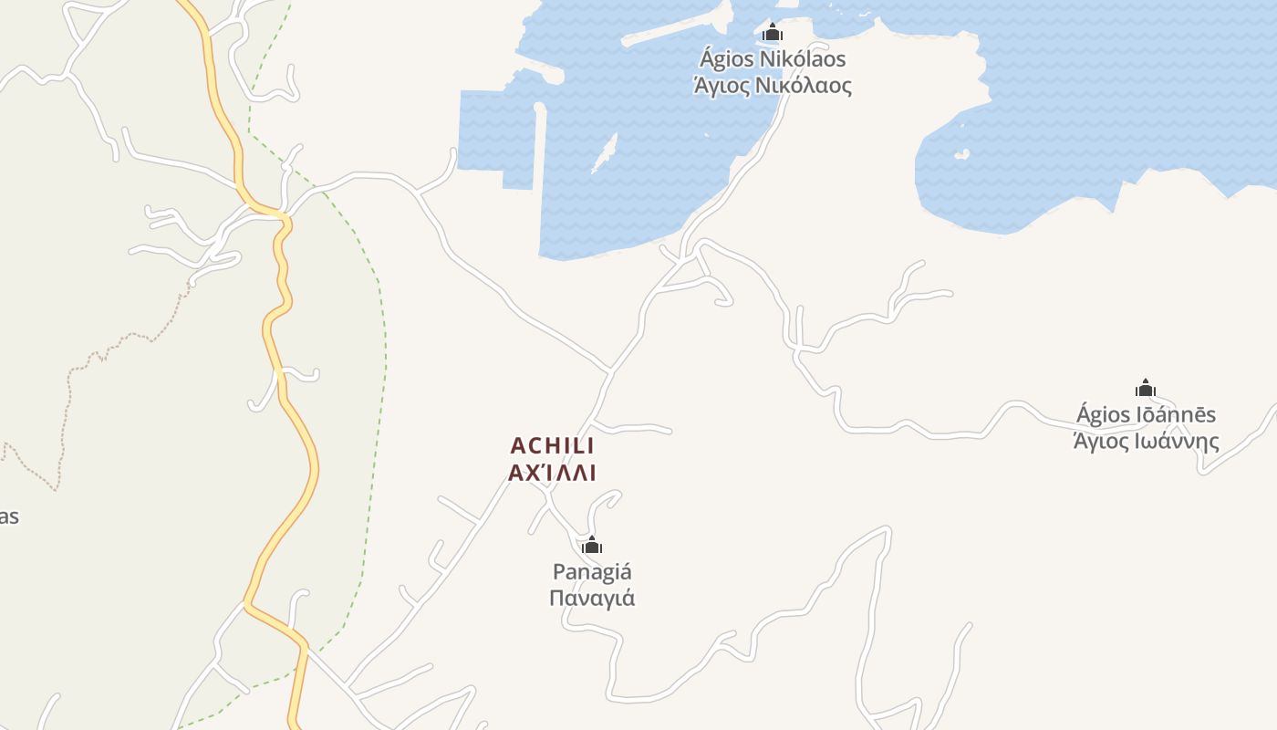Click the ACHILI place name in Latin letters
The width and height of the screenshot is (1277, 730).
552,445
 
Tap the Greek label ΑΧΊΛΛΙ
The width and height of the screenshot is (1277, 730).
552,473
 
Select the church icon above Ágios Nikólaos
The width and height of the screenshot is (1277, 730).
773,33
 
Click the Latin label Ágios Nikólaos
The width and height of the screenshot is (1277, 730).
773,59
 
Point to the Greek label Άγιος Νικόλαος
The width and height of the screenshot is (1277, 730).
773,87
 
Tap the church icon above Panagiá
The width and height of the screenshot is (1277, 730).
592,546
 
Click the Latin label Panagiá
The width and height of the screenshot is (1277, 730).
592,572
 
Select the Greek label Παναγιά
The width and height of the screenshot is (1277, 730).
592,599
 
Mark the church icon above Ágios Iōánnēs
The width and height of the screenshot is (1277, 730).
1146,388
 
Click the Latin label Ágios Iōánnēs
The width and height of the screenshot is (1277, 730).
1146,414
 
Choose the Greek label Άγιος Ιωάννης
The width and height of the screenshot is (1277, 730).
1146,442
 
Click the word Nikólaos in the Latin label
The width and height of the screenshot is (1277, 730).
805,59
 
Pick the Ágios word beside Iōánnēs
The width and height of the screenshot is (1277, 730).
1104,414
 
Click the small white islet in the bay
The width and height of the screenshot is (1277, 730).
605,152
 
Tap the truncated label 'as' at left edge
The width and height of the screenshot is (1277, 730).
8,516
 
